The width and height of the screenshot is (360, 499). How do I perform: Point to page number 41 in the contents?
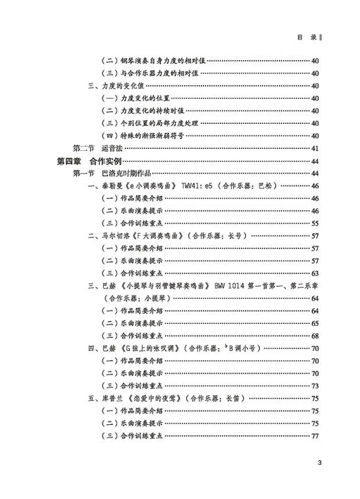tap(315, 148)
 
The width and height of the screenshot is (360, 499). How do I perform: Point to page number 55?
tap(315, 224)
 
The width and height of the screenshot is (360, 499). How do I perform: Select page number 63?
tap(315, 273)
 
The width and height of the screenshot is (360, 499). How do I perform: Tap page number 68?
tap(315, 336)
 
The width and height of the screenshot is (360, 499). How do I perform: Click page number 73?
tap(315, 385)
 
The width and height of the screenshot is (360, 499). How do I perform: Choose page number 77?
tap(315, 435)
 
